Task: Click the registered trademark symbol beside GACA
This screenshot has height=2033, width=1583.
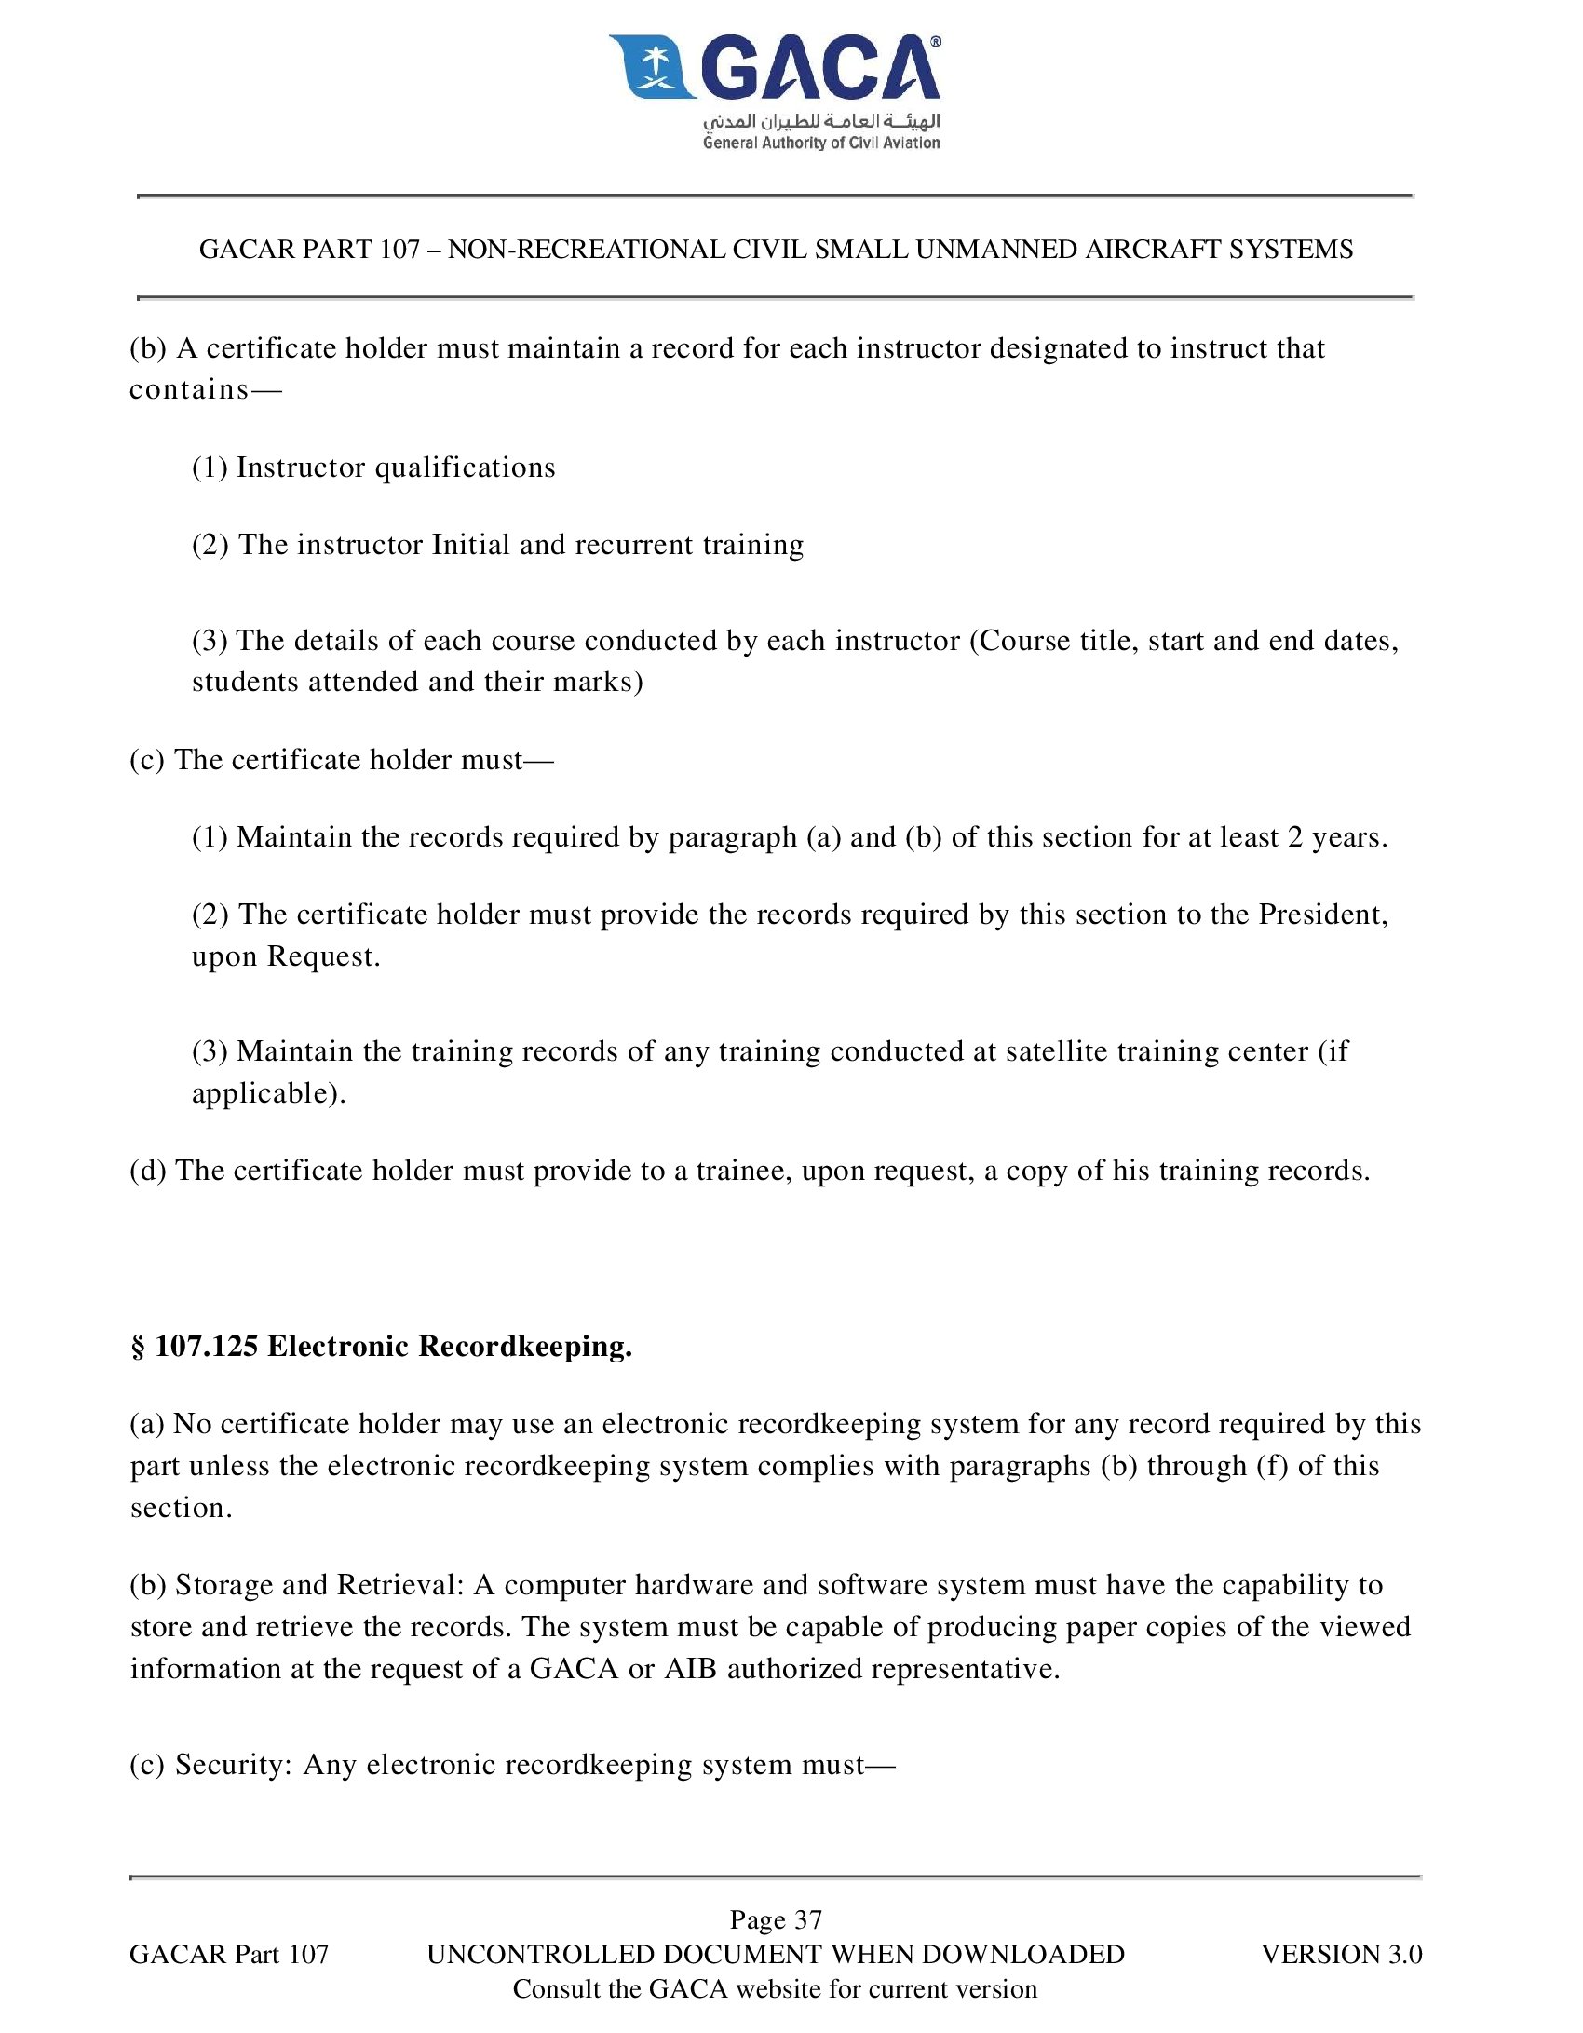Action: coord(935,42)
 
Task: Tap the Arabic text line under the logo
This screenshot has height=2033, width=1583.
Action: coord(821,121)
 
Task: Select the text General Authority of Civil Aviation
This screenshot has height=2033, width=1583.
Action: coord(821,142)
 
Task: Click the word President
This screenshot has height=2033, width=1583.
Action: coord(1323,915)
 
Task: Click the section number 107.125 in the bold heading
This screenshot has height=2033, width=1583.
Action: coord(206,1347)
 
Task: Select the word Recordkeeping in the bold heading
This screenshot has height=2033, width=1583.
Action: coord(525,1347)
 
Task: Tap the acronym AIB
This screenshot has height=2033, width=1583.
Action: coord(690,1668)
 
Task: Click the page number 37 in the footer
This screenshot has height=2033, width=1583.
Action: coord(807,1919)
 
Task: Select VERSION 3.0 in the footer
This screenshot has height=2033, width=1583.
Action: coord(1341,1954)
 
